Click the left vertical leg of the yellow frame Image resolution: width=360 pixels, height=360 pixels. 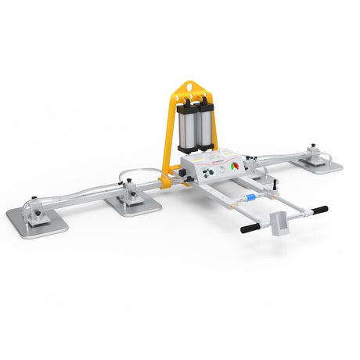[x=167, y=137]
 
